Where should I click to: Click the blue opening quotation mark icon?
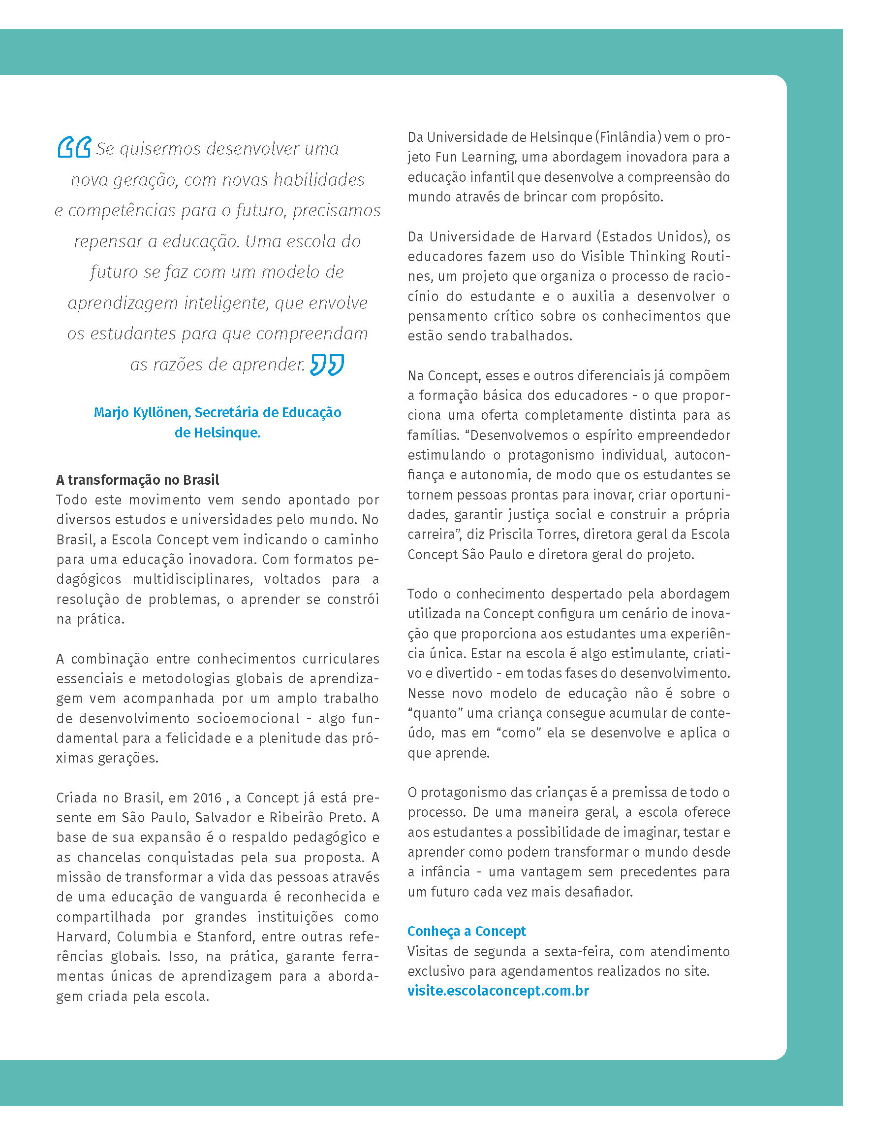tap(74, 147)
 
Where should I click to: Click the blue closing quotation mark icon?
tap(327, 365)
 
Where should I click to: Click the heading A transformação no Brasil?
tap(138, 479)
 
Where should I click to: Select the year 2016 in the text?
tap(207, 798)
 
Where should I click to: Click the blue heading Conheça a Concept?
tap(466, 931)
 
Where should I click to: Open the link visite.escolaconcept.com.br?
tap(498, 991)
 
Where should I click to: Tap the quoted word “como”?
tap(519, 733)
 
